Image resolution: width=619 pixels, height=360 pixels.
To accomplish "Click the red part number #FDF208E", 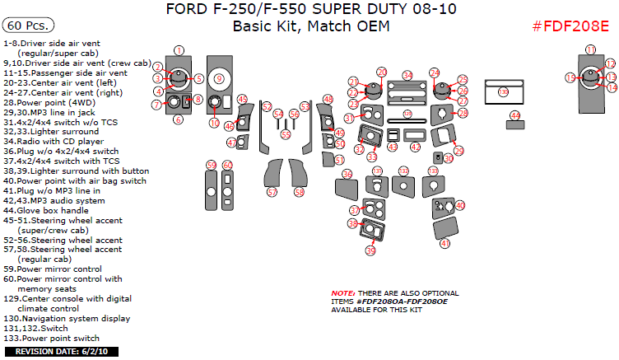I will [570, 26].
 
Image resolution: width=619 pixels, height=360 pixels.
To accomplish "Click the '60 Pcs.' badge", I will [27, 26].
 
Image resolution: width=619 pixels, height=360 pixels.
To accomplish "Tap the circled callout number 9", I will [219, 78].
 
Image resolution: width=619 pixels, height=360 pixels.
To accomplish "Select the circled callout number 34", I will [408, 75].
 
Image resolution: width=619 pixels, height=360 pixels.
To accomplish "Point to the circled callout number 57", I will [272, 192].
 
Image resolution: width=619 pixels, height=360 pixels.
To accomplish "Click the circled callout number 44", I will [515, 116].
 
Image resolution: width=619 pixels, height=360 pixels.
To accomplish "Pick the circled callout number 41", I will [445, 244].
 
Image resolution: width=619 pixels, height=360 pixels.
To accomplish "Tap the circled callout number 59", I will [212, 166].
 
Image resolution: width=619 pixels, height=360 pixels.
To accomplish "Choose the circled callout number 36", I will [347, 175].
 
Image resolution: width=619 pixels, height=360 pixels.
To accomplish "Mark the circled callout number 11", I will [591, 50].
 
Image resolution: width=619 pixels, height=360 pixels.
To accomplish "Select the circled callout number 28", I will [463, 112].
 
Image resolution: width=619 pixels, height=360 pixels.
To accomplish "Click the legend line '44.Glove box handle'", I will [52, 211].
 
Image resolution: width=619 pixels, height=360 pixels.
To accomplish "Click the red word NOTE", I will [342, 294].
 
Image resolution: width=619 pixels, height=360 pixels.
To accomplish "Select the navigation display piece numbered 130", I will [504, 93].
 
